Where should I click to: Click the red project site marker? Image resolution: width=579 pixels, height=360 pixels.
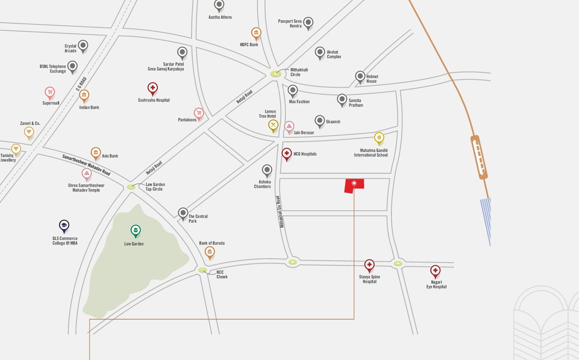click(x=354, y=186)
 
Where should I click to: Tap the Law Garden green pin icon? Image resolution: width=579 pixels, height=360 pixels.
click(x=135, y=231)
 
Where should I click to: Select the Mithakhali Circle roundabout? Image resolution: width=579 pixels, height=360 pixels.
click(x=276, y=74)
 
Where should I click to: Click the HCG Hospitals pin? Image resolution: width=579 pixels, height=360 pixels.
click(x=287, y=153)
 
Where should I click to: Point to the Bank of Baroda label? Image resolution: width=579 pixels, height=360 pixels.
click(x=212, y=243)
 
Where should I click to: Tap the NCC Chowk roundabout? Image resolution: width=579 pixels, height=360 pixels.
click(x=202, y=270)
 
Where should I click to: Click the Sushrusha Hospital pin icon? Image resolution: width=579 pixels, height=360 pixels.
click(x=152, y=88)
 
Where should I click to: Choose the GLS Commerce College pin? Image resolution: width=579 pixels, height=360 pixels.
click(x=64, y=226)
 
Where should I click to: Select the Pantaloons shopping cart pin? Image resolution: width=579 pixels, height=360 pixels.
click(x=199, y=113)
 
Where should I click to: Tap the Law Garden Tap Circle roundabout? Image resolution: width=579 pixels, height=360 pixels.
click(x=131, y=187)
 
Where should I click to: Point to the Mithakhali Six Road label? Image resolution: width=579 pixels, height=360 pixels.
click(x=281, y=211)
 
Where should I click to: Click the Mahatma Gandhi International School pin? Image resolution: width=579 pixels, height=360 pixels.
click(x=379, y=138)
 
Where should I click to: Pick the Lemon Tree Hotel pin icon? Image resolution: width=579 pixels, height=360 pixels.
click(x=274, y=125)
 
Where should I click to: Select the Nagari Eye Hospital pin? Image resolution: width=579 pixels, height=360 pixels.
click(x=435, y=271)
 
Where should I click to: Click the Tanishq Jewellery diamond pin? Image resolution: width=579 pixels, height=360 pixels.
click(x=16, y=150)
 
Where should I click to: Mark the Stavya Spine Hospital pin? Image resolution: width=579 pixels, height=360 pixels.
click(x=370, y=265)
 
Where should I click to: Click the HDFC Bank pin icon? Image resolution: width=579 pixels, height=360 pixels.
click(x=256, y=33)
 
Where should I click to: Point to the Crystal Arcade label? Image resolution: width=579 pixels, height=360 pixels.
click(x=70, y=48)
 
